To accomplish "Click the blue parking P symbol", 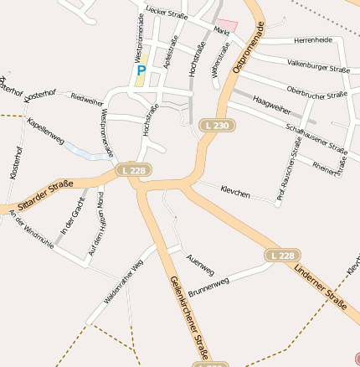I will coord(141,71).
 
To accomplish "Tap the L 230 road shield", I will coord(216,126).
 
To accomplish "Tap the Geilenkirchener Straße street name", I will coord(189,314).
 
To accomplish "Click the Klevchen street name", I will coord(235,193).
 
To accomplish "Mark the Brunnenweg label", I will coord(208,287).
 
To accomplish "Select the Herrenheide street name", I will coord(314,40).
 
